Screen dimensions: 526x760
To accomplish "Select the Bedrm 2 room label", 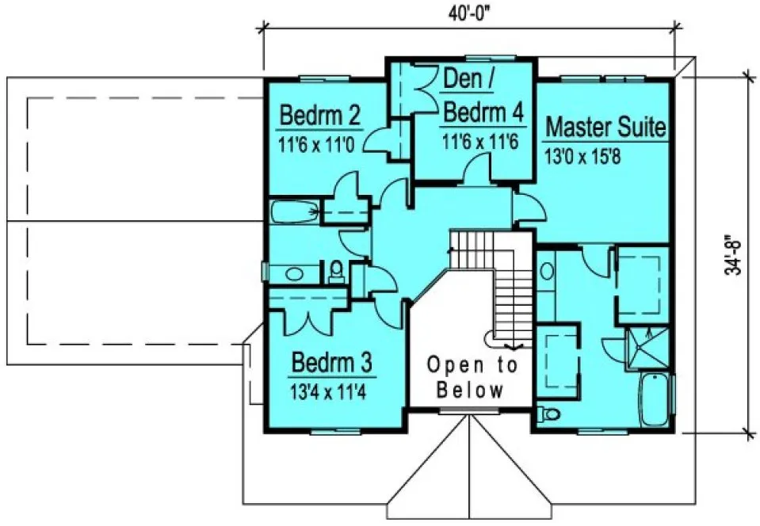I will (320, 117).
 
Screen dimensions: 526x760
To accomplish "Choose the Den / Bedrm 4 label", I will (482, 96).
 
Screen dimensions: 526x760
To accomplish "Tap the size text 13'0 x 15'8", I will (582, 155).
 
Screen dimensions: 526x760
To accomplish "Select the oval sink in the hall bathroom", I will (294, 274).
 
